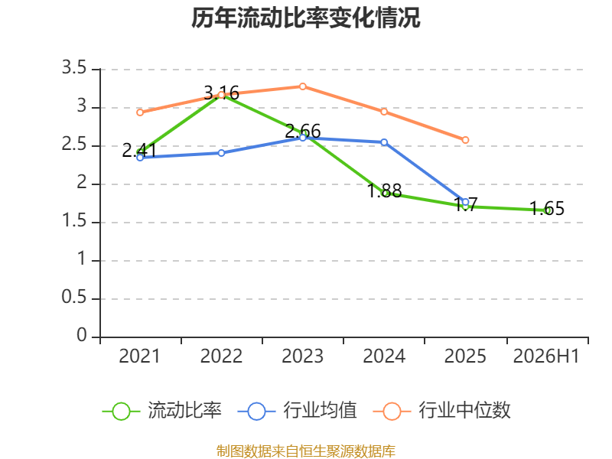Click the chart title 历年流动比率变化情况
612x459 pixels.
305,18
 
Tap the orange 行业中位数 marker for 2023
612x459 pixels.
302,86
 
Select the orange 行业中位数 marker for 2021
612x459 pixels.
140,112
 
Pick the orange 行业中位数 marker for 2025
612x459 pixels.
465,140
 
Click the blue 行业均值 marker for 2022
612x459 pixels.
221,153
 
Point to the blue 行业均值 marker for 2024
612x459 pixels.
384,142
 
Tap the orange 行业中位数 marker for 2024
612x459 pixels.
384,112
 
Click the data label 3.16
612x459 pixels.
221,93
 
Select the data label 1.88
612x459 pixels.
385,190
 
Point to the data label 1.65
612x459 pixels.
547,208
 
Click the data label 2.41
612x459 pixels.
139,150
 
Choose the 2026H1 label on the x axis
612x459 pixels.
546,356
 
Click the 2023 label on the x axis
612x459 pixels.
302,356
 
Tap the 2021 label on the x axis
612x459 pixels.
140,356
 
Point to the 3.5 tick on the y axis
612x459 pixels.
73,67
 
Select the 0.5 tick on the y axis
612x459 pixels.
73,297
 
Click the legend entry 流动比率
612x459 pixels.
162,411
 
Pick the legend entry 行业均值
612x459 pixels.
297,411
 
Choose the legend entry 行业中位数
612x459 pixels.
441,411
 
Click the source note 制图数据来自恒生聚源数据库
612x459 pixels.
305,451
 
